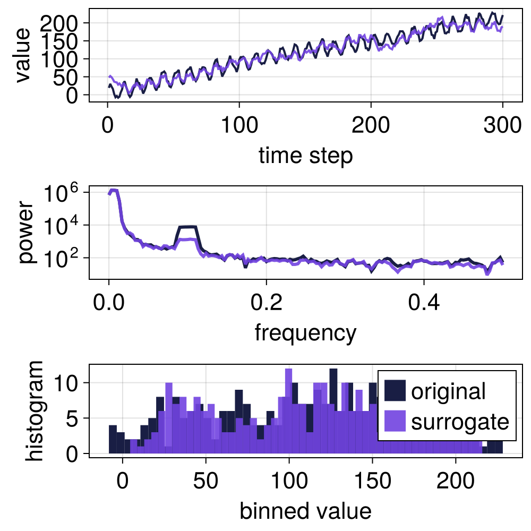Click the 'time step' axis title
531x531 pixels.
click(x=305, y=156)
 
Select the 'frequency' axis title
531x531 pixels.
click(x=305, y=333)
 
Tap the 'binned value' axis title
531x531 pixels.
click(x=305, y=511)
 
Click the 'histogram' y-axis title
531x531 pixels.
click(x=36, y=410)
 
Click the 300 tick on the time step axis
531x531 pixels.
click(x=502, y=127)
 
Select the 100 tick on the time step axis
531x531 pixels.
click(x=239, y=127)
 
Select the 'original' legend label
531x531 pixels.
click(x=448, y=391)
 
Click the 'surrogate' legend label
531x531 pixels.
click(x=460, y=422)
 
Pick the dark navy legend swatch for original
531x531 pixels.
click(x=395, y=391)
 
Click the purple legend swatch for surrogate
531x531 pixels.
click(x=395, y=422)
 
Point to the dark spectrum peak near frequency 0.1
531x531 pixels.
click(x=188, y=227)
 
